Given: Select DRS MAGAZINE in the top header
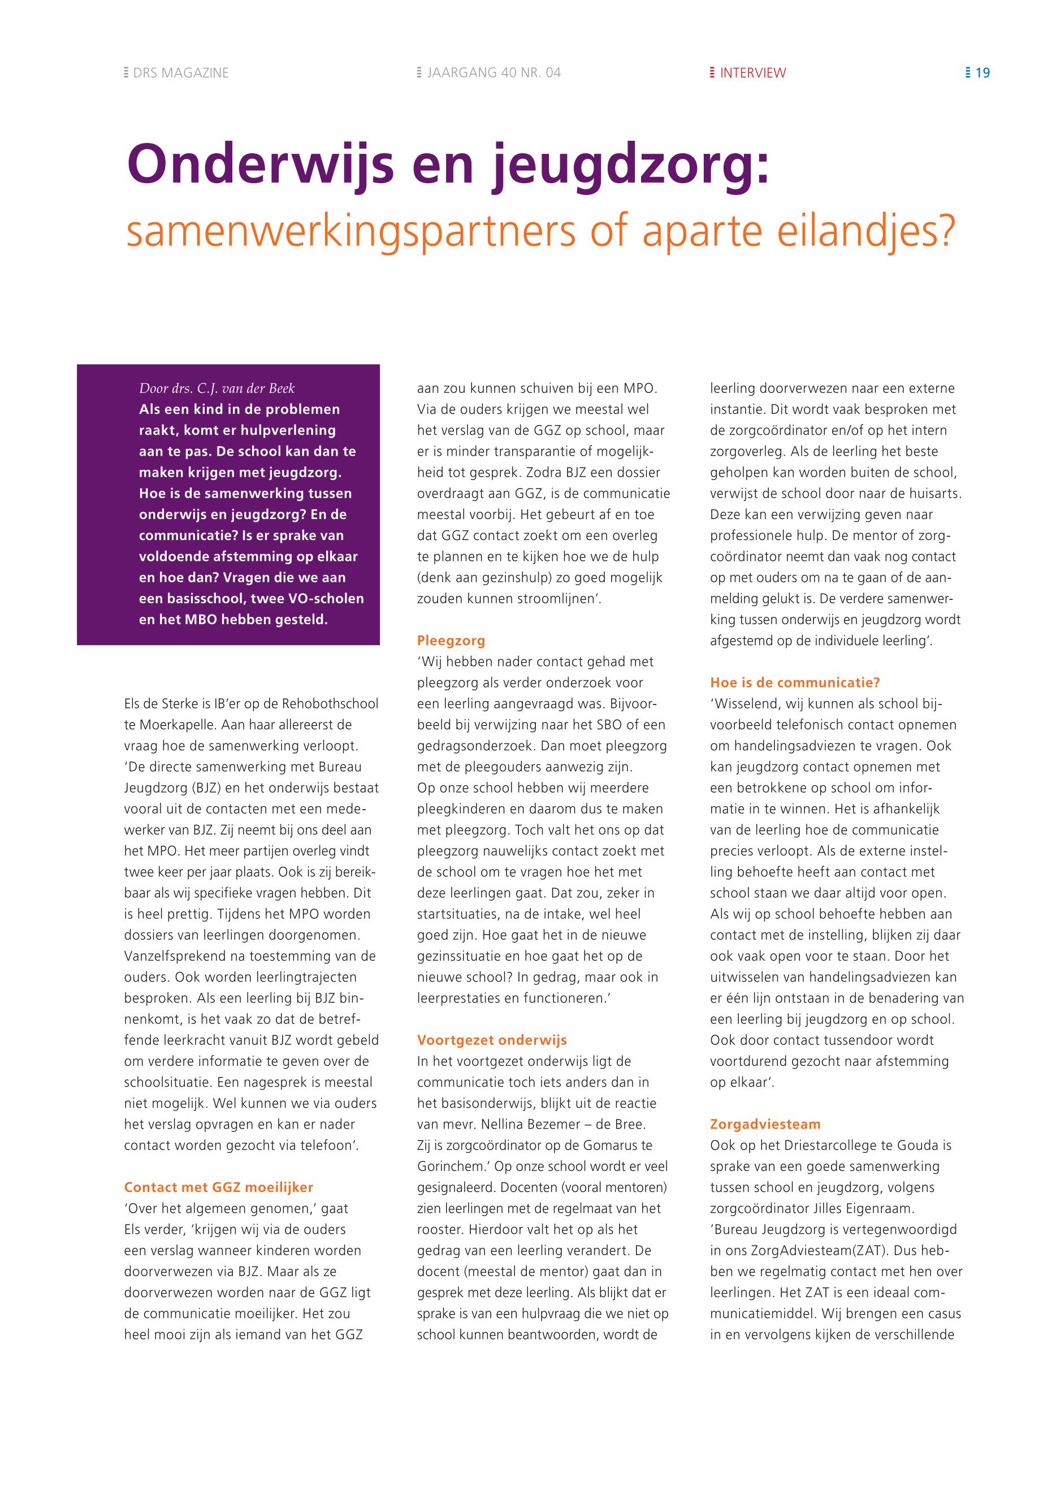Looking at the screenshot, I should [180, 73].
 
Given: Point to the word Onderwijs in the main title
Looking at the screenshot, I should [261, 164].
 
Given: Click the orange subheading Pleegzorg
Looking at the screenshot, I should [451, 641].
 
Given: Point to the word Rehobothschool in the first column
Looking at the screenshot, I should [330, 704].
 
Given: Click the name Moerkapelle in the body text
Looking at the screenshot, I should [176, 725].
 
